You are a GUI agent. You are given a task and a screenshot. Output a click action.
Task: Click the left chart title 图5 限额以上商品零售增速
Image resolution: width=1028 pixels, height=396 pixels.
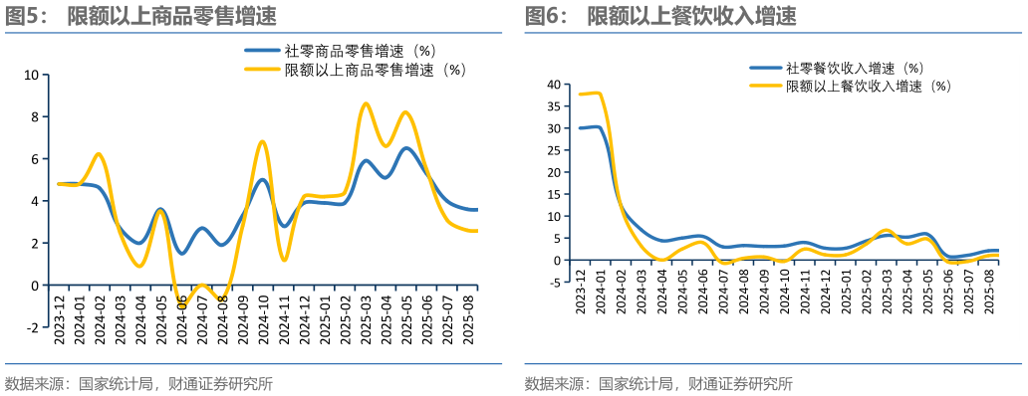pyautogui.click(x=140, y=16)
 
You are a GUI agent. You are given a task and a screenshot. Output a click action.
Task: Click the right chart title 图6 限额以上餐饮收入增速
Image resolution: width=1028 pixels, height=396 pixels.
pyautogui.click(x=660, y=16)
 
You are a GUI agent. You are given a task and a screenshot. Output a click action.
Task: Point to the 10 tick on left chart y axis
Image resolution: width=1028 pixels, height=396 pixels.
pyautogui.click(x=30, y=75)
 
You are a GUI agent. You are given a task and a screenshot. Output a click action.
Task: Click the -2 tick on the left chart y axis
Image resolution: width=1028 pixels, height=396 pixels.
pyautogui.click(x=30, y=327)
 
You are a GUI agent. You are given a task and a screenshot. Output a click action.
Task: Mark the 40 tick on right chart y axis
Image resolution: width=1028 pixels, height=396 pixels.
pyautogui.click(x=554, y=85)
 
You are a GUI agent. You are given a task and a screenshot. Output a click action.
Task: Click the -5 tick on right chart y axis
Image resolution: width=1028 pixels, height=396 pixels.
pyautogui.click(x=554, y=283)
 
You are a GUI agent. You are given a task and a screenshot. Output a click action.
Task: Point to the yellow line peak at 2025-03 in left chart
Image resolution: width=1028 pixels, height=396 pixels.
pyautogui.click(x=366, y=103)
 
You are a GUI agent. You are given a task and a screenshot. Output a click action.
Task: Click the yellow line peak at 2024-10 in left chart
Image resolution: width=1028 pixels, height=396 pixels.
pyautogui.click(x=262, y=141)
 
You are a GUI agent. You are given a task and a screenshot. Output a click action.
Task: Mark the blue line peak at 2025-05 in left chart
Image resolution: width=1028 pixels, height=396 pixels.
pyautogui.click(x=406, y=148)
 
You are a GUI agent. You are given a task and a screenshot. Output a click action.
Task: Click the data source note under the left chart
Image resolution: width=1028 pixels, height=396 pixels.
pyautogui.click(x=138, y=384)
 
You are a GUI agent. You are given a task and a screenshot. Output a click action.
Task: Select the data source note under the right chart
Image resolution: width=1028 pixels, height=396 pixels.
pyautogui.click(x=658, y=384)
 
